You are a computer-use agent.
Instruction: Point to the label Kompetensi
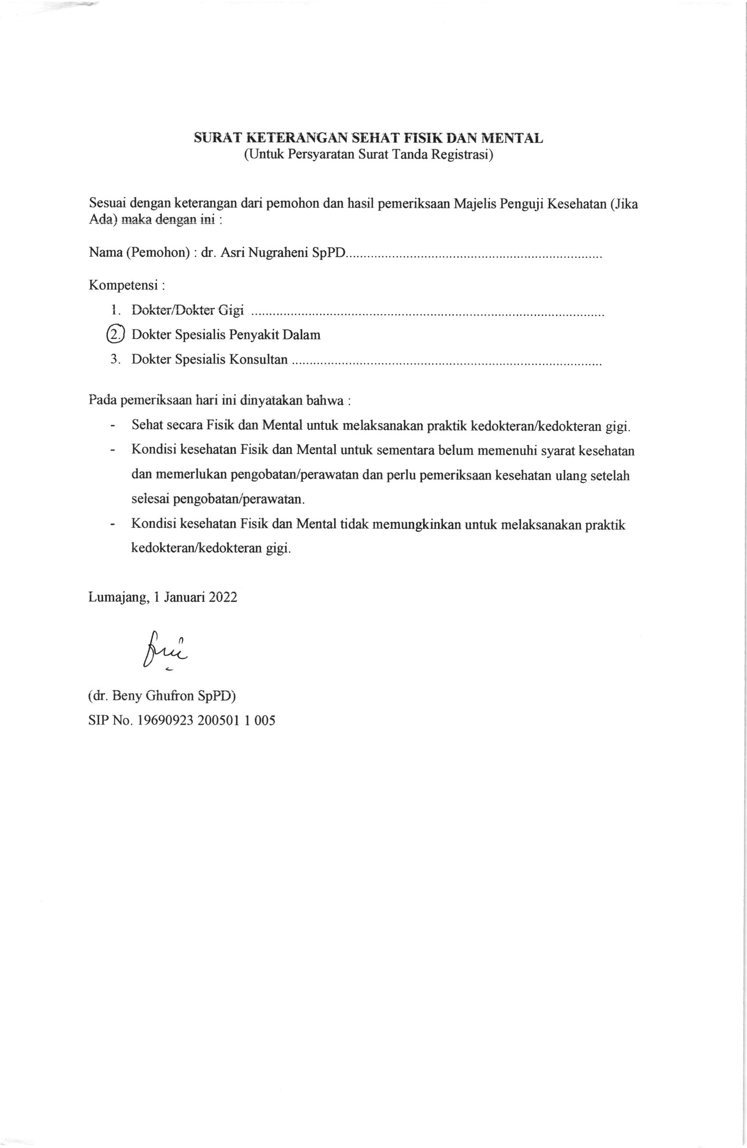coord(124,285)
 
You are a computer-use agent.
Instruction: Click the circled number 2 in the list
coord(115,335)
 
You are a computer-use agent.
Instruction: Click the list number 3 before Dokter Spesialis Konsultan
coord(114,359)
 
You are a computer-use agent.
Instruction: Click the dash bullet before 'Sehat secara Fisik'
coord(113,426)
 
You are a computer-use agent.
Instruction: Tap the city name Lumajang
coord(118,598)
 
